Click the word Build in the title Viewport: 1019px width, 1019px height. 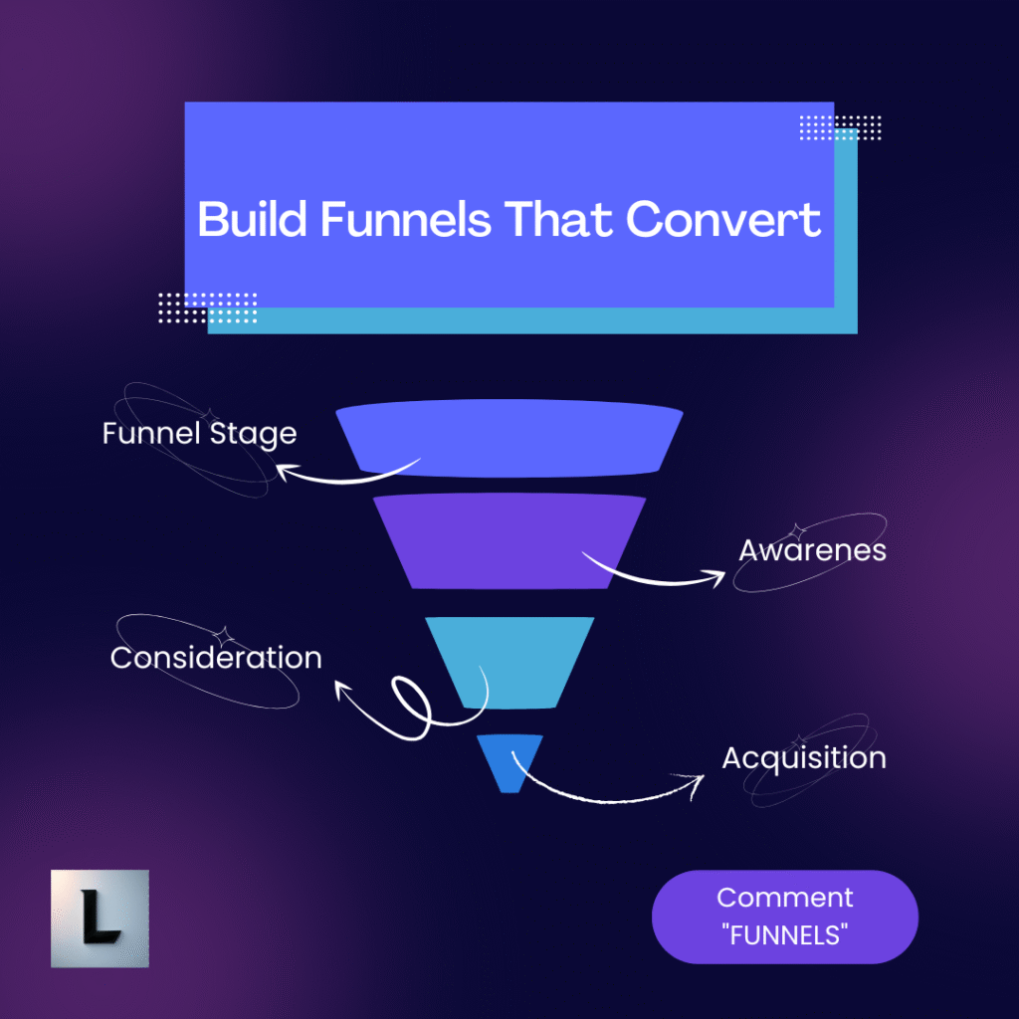click(x=252, y=219)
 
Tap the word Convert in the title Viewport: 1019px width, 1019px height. click(x=723, y=219)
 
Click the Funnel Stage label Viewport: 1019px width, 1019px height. click(x=199, y=434)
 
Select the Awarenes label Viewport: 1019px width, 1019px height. click(x=812, y=550)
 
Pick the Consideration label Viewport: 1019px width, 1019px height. click(x=216, y=658)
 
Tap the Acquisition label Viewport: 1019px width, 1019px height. click(x=804, y=757)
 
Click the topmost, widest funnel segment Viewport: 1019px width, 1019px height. click(x=509, y=439)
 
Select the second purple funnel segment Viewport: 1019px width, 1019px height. click(x=509, y=539)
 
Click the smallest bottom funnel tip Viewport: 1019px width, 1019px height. click(x=509, y=762)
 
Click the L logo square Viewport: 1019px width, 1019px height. click(x=100, y=918)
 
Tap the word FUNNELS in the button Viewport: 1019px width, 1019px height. click(x=784, y=933)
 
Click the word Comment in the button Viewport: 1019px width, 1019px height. click(x=784, y=898)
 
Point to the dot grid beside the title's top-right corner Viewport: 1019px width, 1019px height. click(x=841, y=127)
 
